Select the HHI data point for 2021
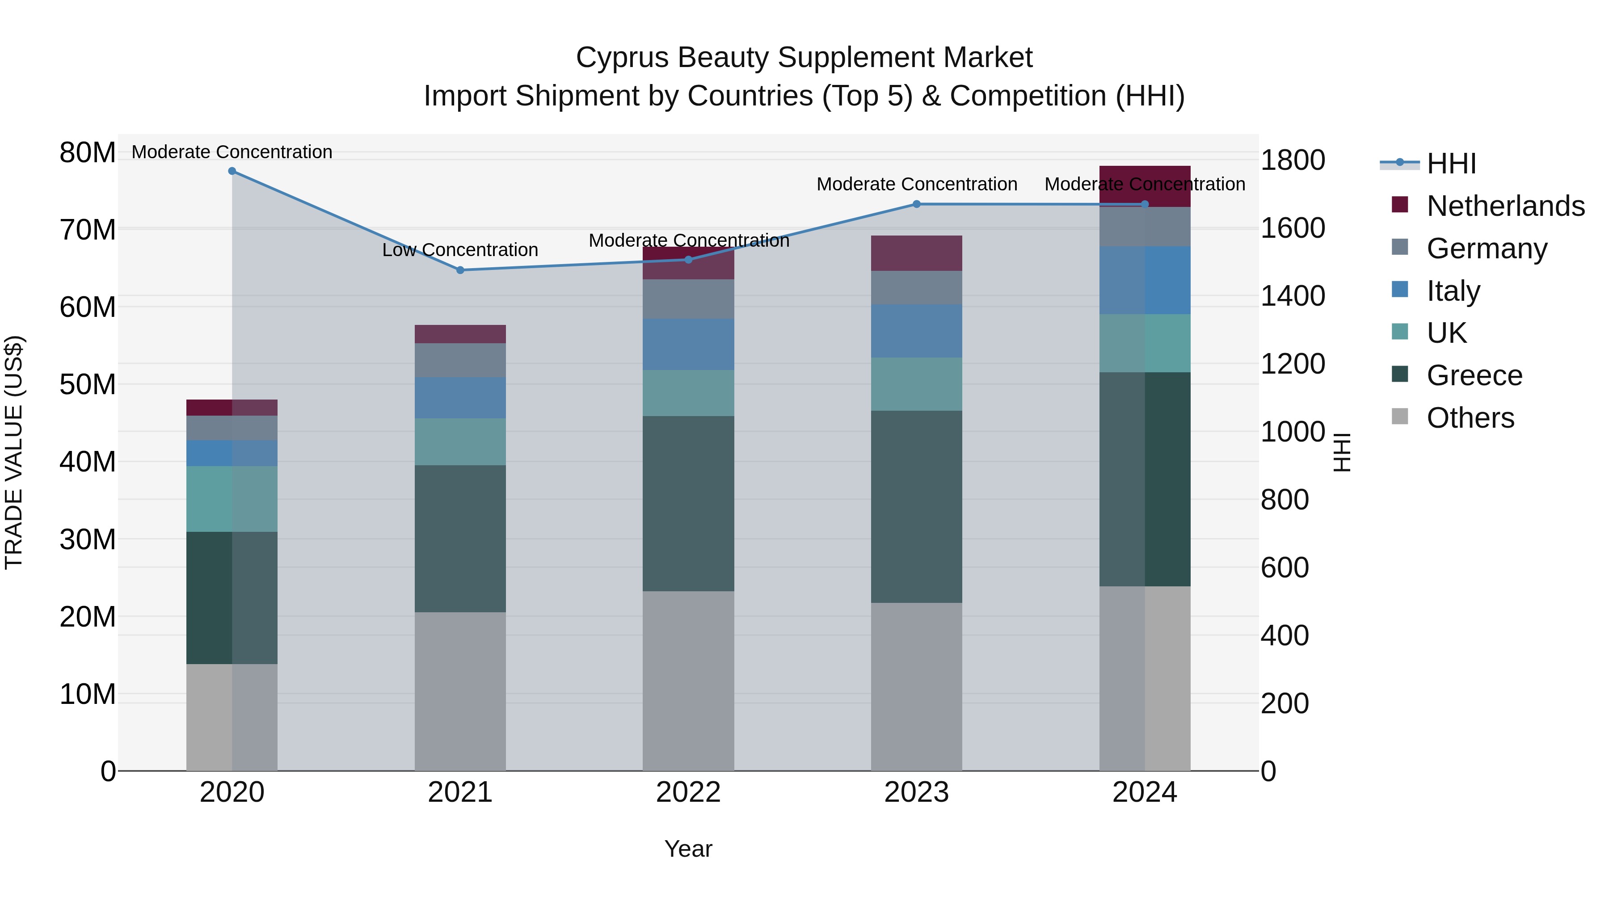point(460,270)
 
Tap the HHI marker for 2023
point(916,204)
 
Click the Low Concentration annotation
point(460,250)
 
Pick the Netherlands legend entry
point(1505,206)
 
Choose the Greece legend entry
point(1474,375)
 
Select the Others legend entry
point(1470,418)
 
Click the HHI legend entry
point(1451,164)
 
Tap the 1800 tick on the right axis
point(1292,160)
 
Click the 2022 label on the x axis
point(688,792)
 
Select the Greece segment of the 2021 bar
point(460,539)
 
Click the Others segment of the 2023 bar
point(916,686)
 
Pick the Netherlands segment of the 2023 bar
point(916,253)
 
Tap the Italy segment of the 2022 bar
point(688,344)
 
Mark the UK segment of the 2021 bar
point(460,442)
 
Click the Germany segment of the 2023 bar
point(916,287)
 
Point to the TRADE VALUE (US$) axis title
point(14,452)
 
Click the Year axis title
point(688,849)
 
